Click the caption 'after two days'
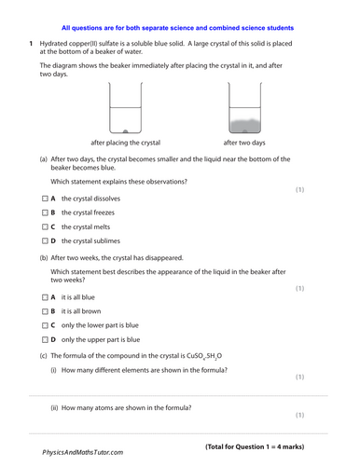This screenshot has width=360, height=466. [x=244, y=143]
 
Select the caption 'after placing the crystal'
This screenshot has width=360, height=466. [x=126, y=143]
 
